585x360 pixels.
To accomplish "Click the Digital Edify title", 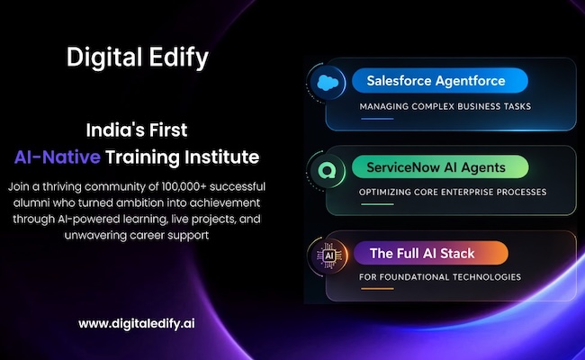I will pos(137,58).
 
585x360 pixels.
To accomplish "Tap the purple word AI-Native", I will pos(57,157).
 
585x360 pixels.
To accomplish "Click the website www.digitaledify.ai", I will pos(137,322).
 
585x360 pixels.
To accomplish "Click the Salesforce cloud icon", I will pos(325,83).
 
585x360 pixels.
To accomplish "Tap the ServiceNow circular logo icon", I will pos(325,168).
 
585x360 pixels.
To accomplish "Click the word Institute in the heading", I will pos(220,157).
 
